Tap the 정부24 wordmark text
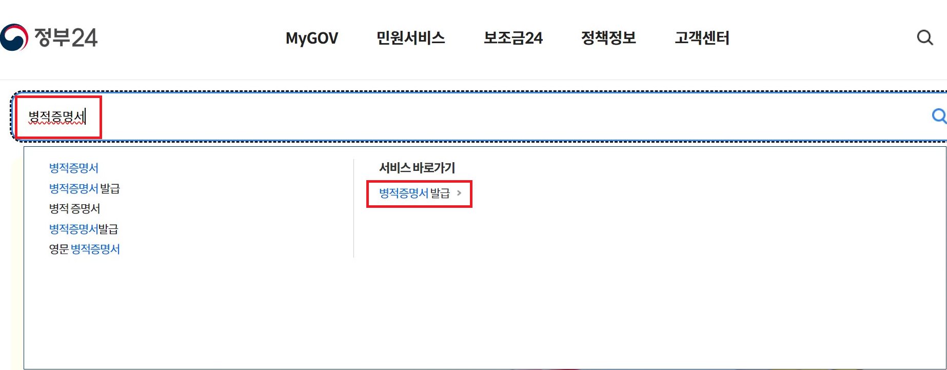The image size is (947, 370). pyautogui.click(x=66, y=37)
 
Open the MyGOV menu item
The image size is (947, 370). pyautogui.click(x=312, y=38)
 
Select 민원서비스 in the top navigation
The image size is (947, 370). pyautogui.click(x=410, y=38)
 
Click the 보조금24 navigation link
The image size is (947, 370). pyautogui.click(x=513, y=38)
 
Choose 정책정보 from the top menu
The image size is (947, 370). pyautogui.click(x=608, y=38)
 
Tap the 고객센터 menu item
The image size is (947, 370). pyautogui.click(x=702, y=38)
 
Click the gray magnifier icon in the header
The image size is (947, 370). pyautogui.click(x=924, y=37)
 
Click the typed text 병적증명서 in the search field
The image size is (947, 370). pyautogui.click(x=56, y=117)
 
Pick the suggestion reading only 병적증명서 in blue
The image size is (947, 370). pyautogui.click(x=73, y=168)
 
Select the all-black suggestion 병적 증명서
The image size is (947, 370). pyautogui.click(x=74, y=208)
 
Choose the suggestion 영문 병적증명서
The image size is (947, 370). pyautogui.click(x=84, y=249)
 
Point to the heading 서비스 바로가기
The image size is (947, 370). pyautogui.click(x=417, y=168)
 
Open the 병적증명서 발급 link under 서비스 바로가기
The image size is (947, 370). pyautogui.click(x=414, y=193)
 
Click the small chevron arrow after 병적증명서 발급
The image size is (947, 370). pyautogui.click(x=459, y=193)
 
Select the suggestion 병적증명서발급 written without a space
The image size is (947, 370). pyautogui.click(x=83, y=229)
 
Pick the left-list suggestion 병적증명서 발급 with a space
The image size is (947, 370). pyautogui.click(x=84, y=188)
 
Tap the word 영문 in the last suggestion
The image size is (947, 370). pyautogui.click(x=58, y=249)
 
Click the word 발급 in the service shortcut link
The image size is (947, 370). pyautogui.click(x=440, y=193)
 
